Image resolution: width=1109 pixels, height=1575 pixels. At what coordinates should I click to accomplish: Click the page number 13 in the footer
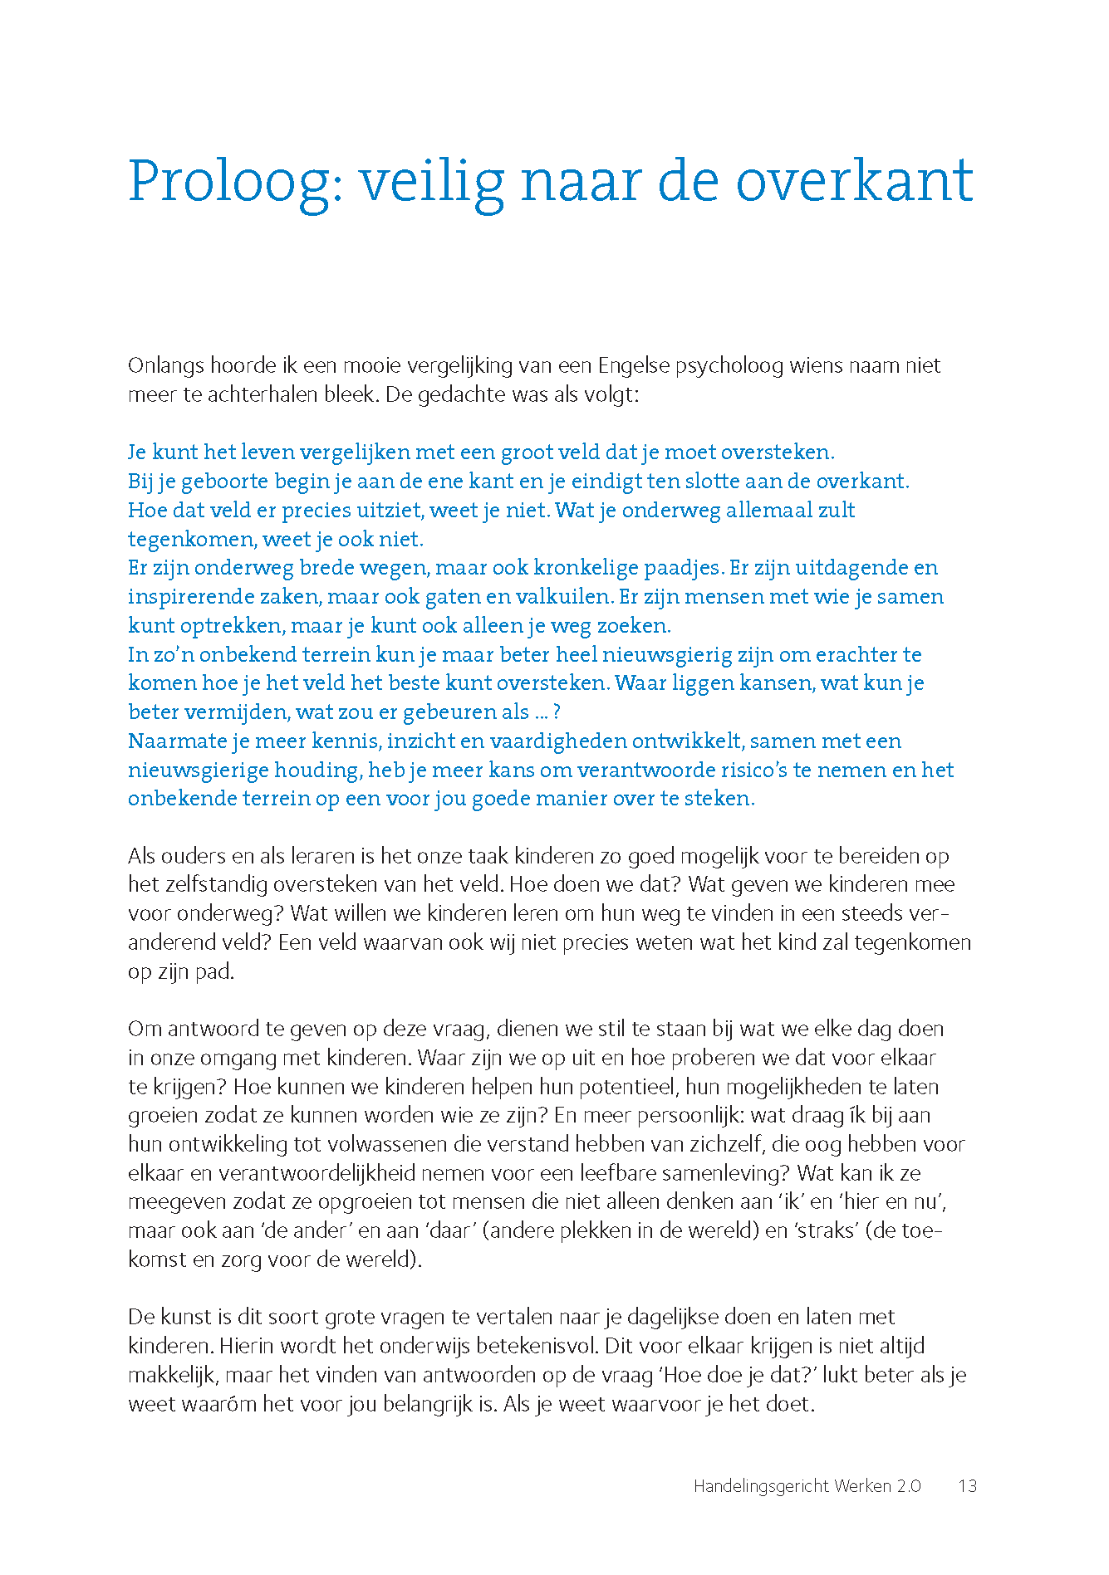point(967,1487)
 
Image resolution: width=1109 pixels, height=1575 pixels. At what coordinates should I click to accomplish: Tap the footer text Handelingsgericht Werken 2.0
point(807,1487)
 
